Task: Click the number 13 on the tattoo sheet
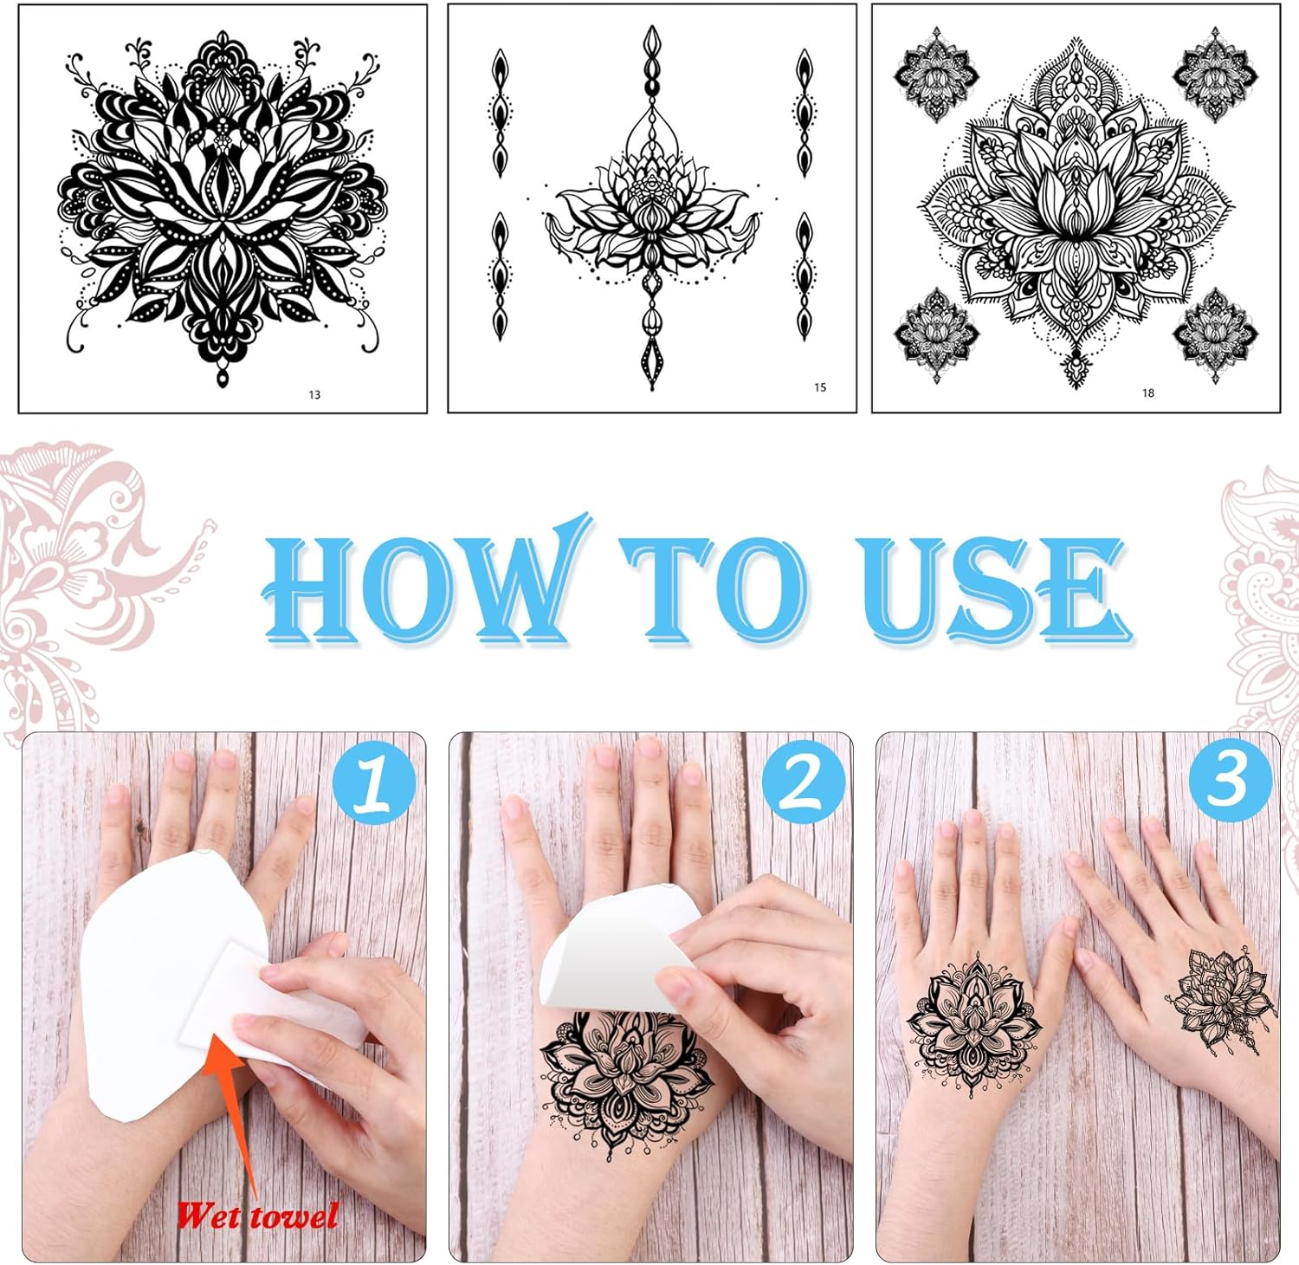(314, 395)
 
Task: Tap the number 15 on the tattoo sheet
(820, 387)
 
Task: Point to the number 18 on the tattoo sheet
(1148, 392)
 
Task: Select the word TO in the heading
(715, 589)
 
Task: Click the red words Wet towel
(256, 1216)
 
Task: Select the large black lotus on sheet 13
(223, 208)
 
